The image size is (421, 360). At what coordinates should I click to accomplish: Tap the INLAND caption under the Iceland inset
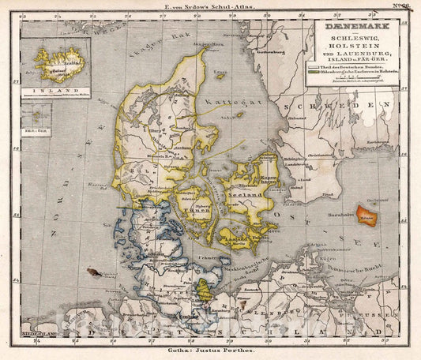pos(52,92)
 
